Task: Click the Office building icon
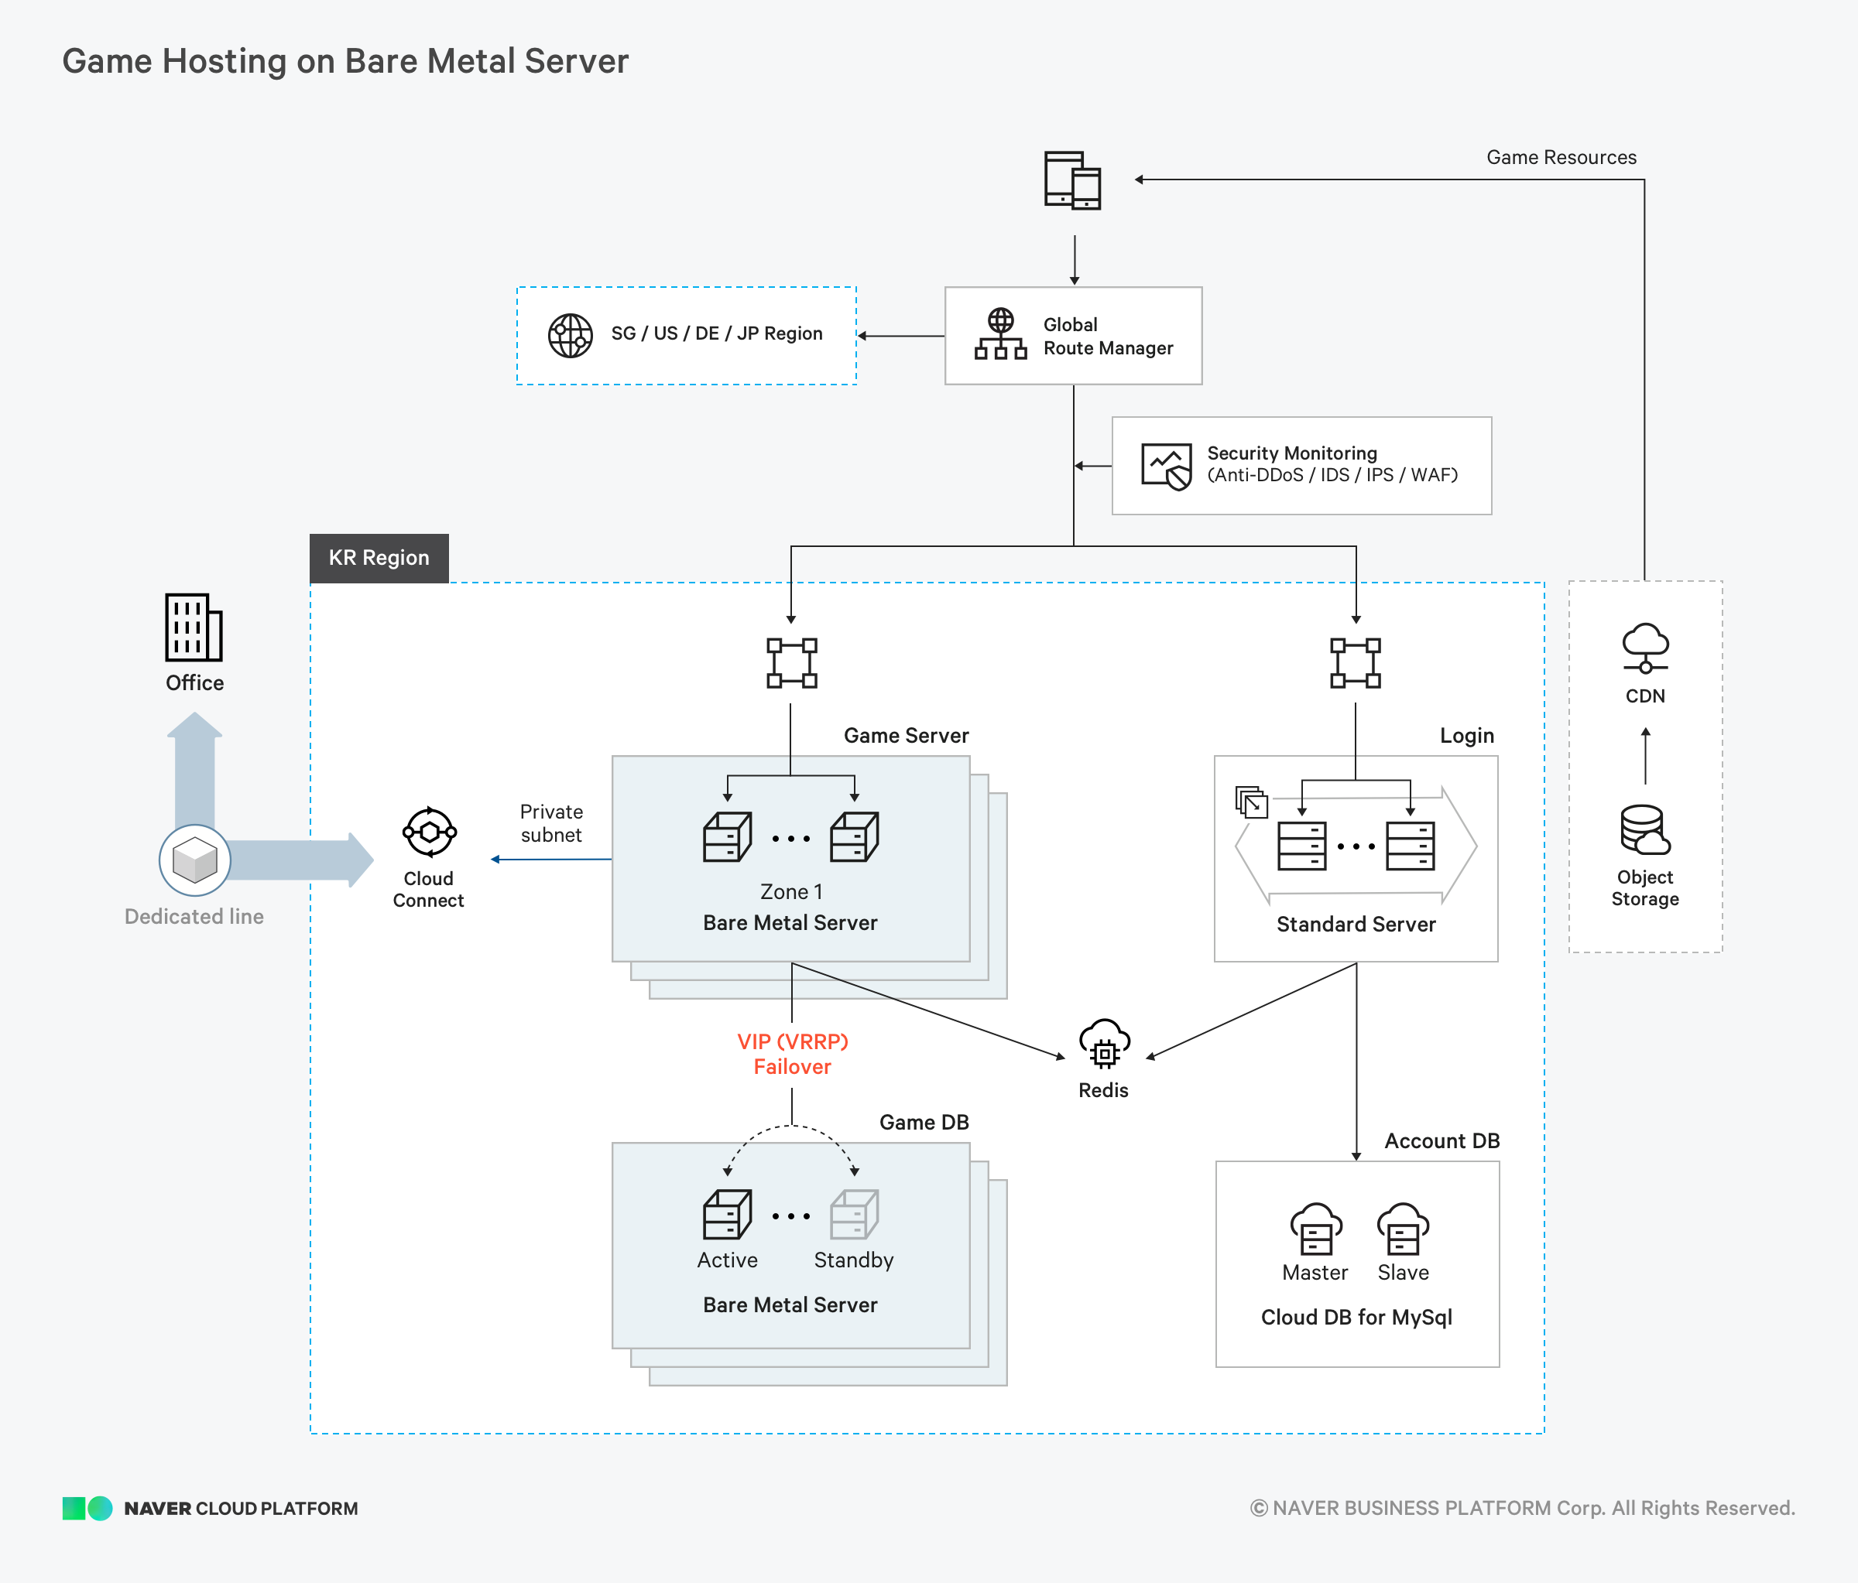coord(194,627)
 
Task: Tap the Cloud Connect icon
coord(430,833)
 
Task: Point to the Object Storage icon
coord(1645,829)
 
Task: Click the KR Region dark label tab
coord(379,558)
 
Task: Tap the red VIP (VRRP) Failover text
coord(793,1053)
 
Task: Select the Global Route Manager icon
coord(1001,334)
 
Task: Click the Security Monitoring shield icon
coord(1167,466)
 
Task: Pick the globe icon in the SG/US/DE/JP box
coord(571,335)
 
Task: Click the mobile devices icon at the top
coord(1072,180)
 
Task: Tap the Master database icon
coord(1315,1229)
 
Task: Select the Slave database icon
coord(1404,1229)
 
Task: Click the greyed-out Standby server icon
coord(855,1214)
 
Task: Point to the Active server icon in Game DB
coord(727,1214)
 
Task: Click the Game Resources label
coord(1561,158)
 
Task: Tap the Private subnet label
coord(551,823)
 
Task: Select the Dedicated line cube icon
coord(194,860)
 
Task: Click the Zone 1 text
coord(791,892)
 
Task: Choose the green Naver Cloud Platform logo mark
coord(87,1509)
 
